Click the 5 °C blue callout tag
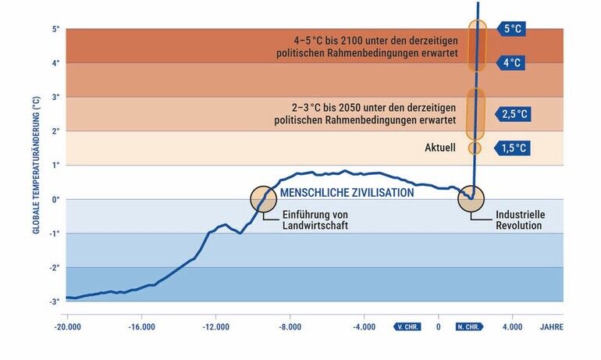pyautogui.click(x=512, y=29)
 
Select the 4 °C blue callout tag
pyautogui.click(x=511, y=62)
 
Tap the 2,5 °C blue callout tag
pyautogui.click(x=514, y=114)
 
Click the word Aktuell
pyautogui.click(x=440, y=148)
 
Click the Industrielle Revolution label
pyautogui.click(x=519, y=220)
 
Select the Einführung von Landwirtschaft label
pyautogui.click(x=315, y=220)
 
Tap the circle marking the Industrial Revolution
pyautogui.click(x=471, y=198)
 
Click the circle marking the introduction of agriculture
pyautogui.click(x=263, y=198)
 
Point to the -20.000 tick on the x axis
pyautogui.click(x=69, y=327)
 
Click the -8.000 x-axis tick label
pyautogui.click(x=290, y=327)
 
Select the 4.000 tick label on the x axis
pyautogui.click(x=512, y=327)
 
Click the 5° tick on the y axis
pyautogui.click(x=55, y=30)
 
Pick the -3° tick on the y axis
pyautogui.click(x=55, y=301)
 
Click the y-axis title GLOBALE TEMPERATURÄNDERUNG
pyautogui.click(x=37, y=166)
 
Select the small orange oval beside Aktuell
pyautogui.click(x=475, y=148)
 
